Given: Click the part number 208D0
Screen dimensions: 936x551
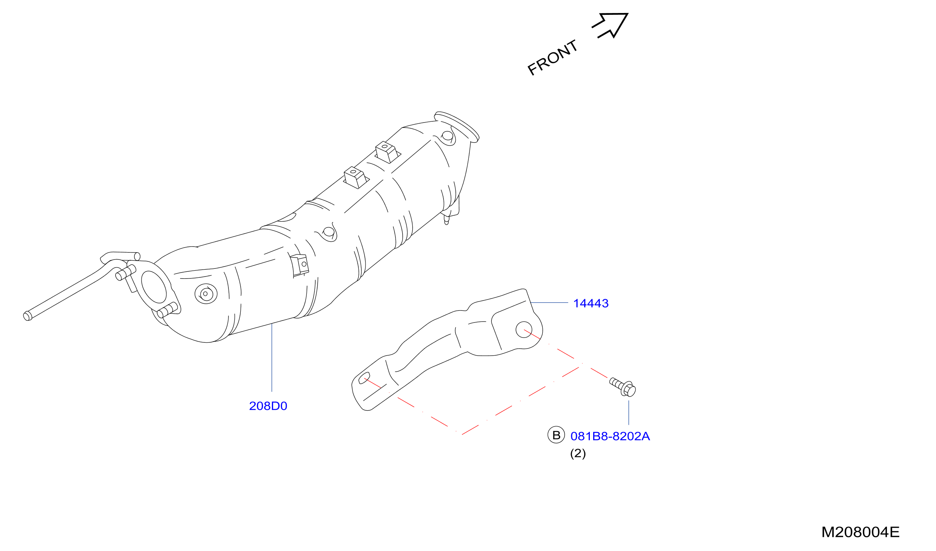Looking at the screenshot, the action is (x=268, y=406).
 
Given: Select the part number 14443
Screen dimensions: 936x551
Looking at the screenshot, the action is (x=591, y=303).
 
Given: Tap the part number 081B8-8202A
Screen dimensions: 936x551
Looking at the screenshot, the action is (x=610, y=436).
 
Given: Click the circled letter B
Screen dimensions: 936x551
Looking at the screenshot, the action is (x=556, y=435).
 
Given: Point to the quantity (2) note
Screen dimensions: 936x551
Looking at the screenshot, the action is (x=578, y=453).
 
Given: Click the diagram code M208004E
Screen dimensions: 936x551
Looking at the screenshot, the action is (x=860, y=532).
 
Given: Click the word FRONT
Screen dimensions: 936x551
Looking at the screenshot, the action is (x=553, y=57).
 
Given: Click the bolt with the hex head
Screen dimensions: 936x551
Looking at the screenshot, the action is (x=623, y=387).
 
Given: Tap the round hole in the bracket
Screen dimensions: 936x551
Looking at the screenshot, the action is (x=524, y=330).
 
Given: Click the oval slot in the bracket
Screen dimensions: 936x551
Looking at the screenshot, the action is (x=364, y=378).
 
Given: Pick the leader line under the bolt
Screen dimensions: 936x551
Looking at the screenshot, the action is (x=629, y=413).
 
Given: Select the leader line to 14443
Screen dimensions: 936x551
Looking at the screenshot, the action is (x=549, y=303).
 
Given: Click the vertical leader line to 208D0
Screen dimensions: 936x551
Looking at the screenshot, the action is (x=272, y=357).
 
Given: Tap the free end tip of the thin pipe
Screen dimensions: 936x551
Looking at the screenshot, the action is (x=27, y=316).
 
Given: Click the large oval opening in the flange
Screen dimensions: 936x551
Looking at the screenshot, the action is (x=154, y=287).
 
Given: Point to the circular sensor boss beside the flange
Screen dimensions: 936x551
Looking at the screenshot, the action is (x=206, y=294).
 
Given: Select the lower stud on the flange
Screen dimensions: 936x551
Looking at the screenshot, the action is (x=168, y=310).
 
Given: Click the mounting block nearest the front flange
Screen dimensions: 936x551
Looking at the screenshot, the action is (x=387, y=152).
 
